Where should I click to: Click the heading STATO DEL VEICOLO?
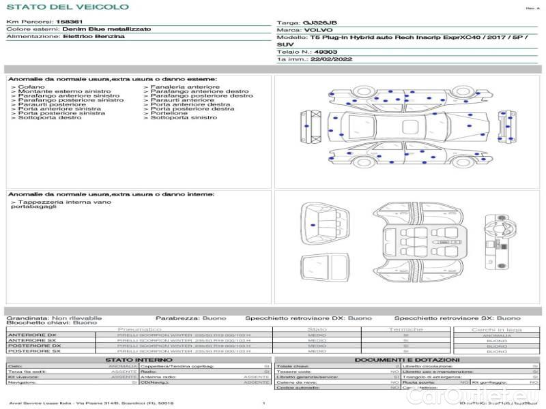tap(68, 7)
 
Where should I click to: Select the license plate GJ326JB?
tap(319, 22)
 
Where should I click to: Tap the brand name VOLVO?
tap(316, 31)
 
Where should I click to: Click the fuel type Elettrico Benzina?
tap(94, 37)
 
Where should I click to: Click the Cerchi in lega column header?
tap(496, 329)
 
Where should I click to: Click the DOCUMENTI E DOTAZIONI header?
tap(407, 359)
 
